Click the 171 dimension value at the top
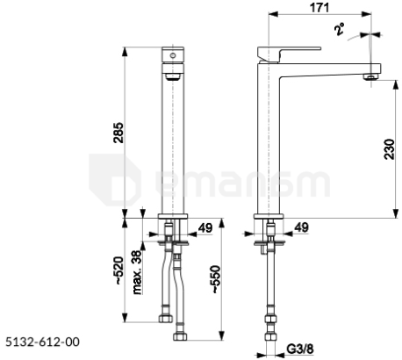319,8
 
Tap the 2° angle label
340,29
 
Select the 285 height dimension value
118,133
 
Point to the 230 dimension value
389,148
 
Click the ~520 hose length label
118,270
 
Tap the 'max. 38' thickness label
137,272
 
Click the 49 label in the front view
205,227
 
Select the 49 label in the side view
301,227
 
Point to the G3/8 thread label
300,349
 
